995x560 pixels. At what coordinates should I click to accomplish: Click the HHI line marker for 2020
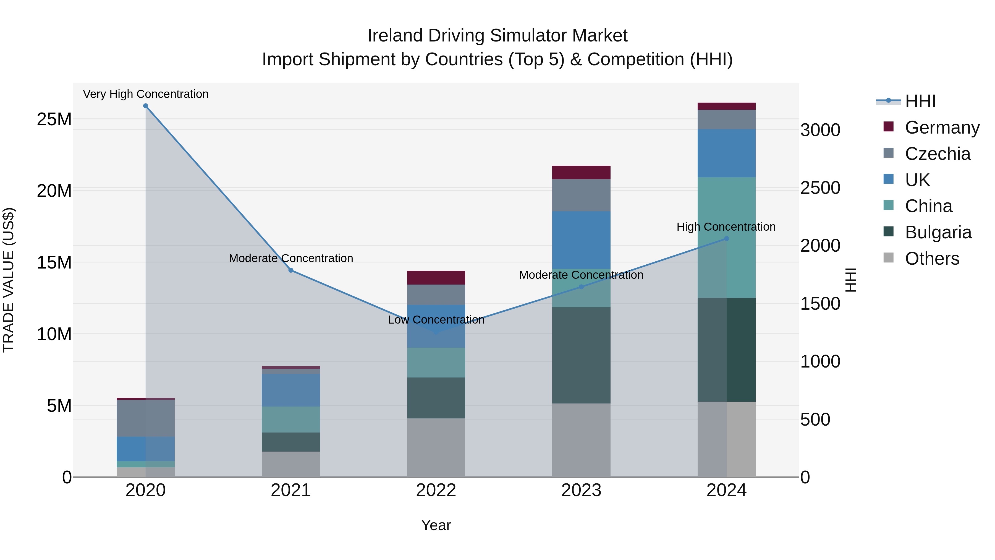point(146,106)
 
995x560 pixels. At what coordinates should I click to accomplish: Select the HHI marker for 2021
point(291,270)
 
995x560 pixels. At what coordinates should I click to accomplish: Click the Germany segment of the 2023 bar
point(581,172)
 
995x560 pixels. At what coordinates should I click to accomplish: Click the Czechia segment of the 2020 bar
point(146,418)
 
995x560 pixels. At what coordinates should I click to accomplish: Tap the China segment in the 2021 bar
point(291,419)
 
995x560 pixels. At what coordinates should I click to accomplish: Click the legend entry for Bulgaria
point(938,232)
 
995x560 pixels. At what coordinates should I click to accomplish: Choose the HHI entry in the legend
point(920,101)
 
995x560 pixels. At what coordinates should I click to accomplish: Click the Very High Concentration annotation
point(146,94)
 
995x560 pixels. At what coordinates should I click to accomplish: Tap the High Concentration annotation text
point(726,227)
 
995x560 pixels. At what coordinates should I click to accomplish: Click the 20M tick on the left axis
point(54,191)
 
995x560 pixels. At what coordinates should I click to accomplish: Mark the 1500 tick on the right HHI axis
point(820,304)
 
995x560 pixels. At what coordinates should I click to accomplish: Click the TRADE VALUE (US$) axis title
point(9,280)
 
